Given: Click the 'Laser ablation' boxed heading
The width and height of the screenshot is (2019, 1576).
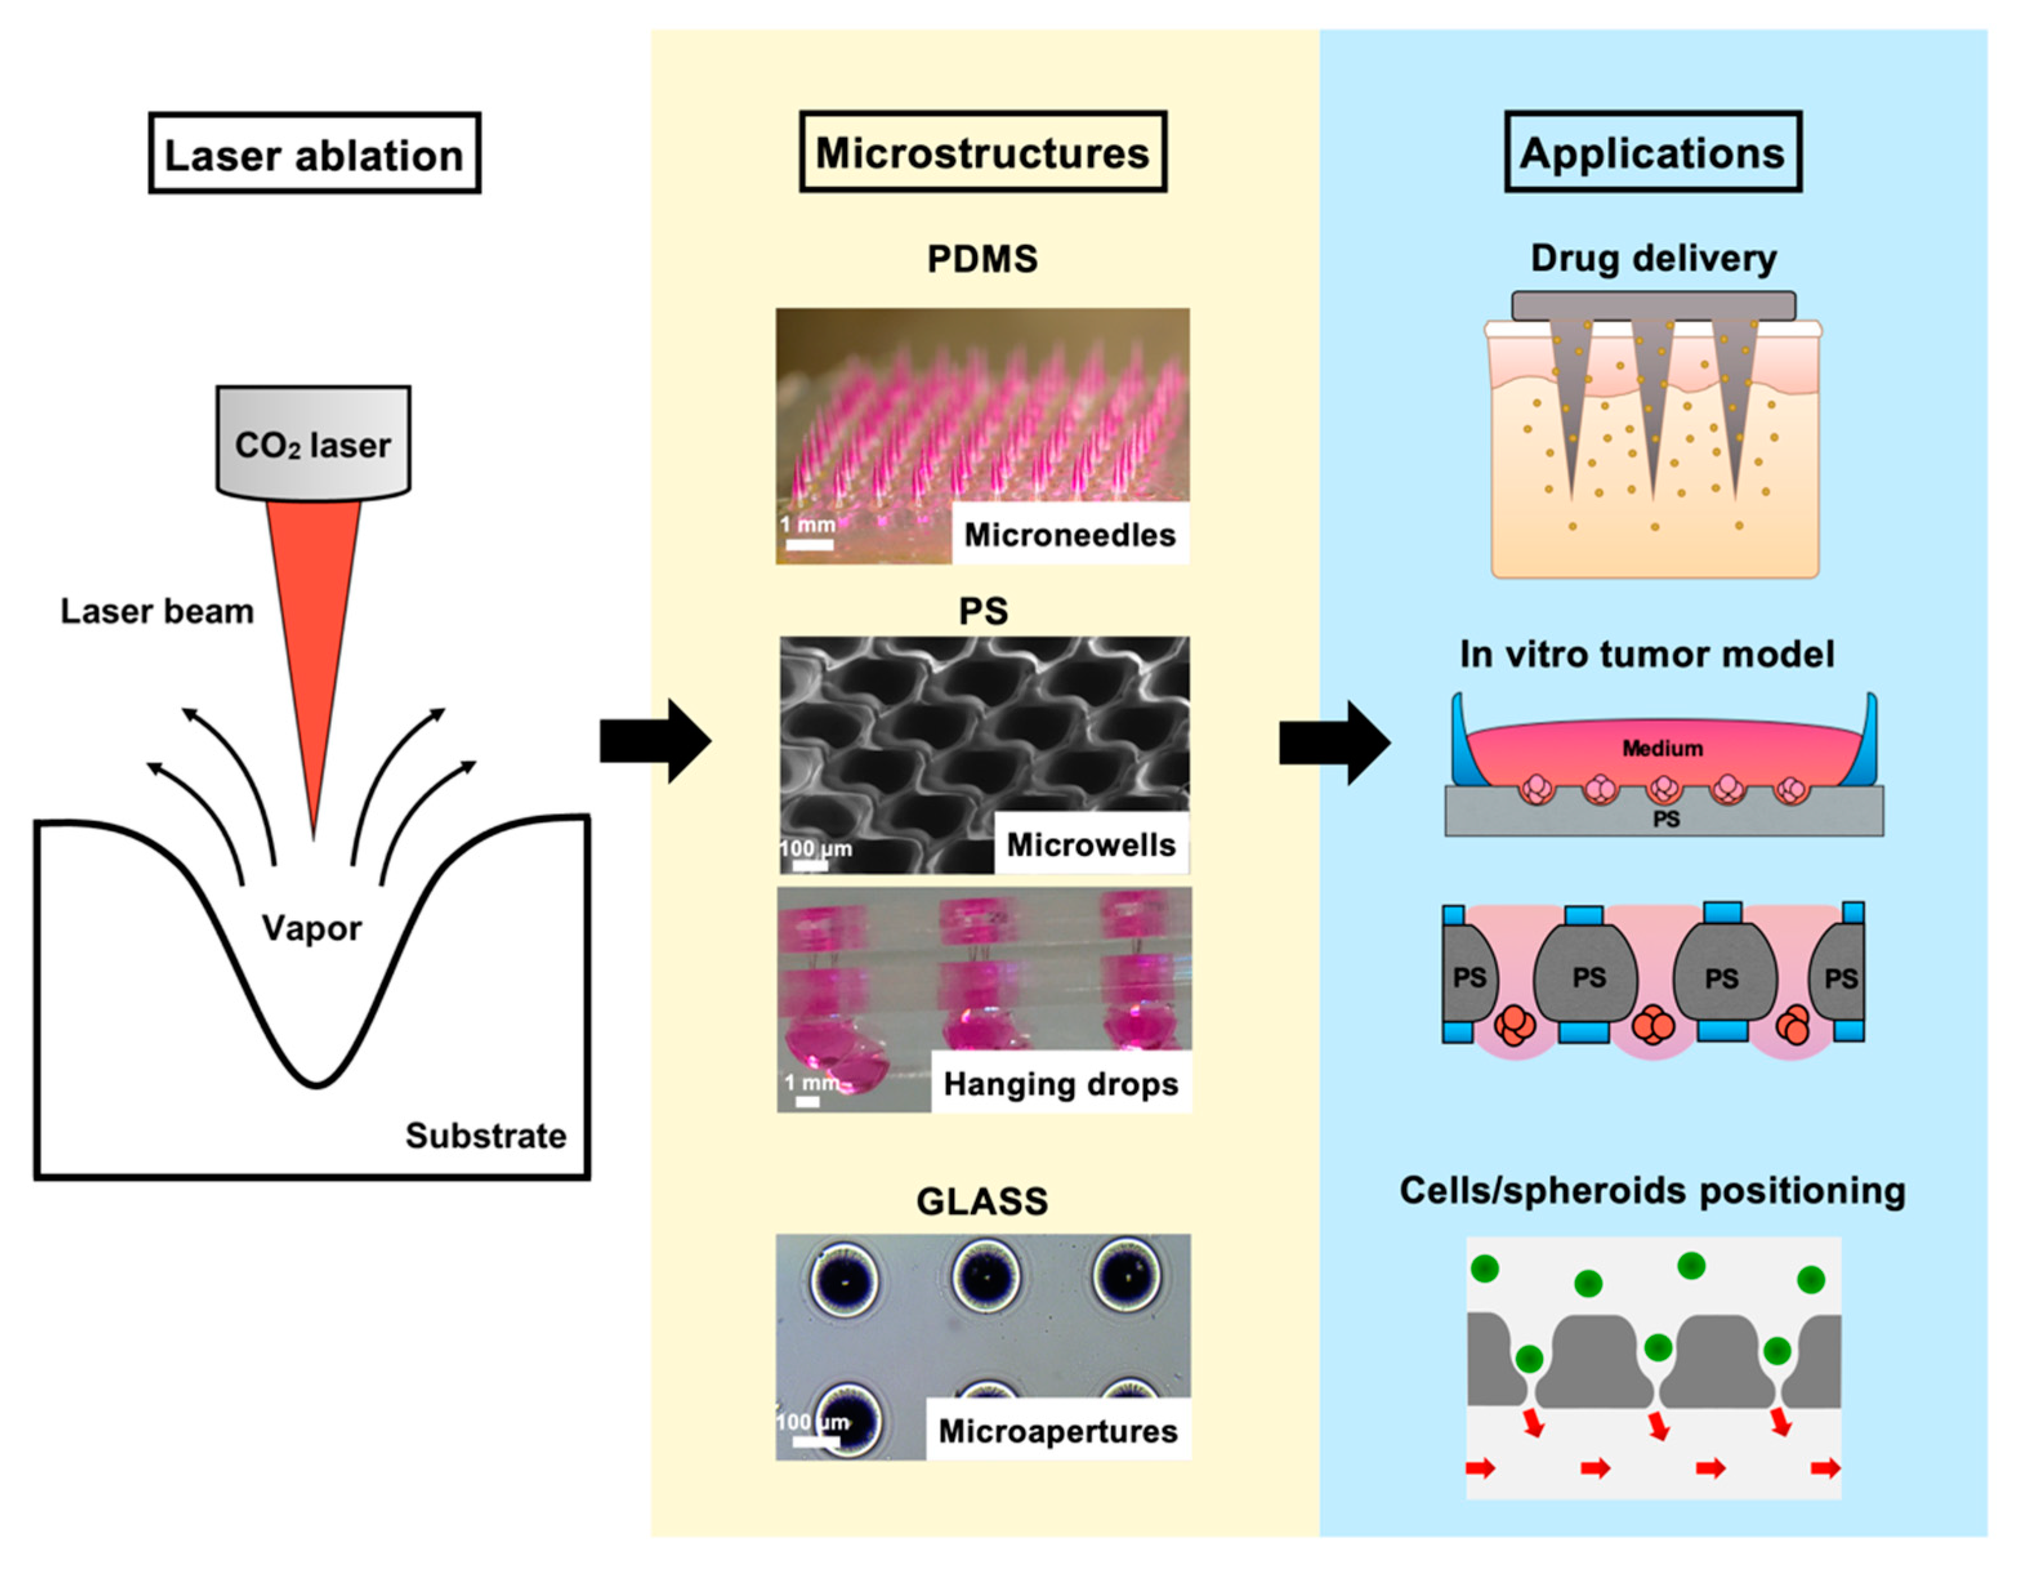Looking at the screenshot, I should (x=314, y=153).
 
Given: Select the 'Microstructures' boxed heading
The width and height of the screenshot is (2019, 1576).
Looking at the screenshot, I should (x=982, y=153).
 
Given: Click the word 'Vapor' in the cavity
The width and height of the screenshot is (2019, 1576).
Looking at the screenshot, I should (x=312, y=927).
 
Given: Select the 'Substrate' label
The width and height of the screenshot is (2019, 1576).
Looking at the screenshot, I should (x=485, y=1135).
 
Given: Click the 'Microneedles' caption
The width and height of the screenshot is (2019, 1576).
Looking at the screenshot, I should (x=1069, y=535).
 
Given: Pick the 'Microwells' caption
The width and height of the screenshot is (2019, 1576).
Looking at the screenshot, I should (x=1091, y=844).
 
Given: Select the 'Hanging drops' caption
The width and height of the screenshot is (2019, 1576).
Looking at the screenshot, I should (x=1060, y=1083).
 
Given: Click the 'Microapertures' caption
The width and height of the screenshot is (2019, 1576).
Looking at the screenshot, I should (x=1058, y=1431).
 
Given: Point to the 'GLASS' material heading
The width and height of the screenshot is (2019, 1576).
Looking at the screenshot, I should (x=982, y=1201).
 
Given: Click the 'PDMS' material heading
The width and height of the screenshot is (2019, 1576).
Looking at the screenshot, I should (x=982, y=259).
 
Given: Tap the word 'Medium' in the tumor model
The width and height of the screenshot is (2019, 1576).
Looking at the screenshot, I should (x=1662, y=748).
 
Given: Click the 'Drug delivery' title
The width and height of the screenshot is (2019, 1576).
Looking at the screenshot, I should (x=1653, y=258).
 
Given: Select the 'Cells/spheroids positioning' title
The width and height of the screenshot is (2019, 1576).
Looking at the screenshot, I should (x=1652, y=1190).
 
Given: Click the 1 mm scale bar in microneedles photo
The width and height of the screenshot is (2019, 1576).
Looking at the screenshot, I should (x=810, y=544).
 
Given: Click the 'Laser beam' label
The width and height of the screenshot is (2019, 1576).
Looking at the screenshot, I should (x=157, y=611).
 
